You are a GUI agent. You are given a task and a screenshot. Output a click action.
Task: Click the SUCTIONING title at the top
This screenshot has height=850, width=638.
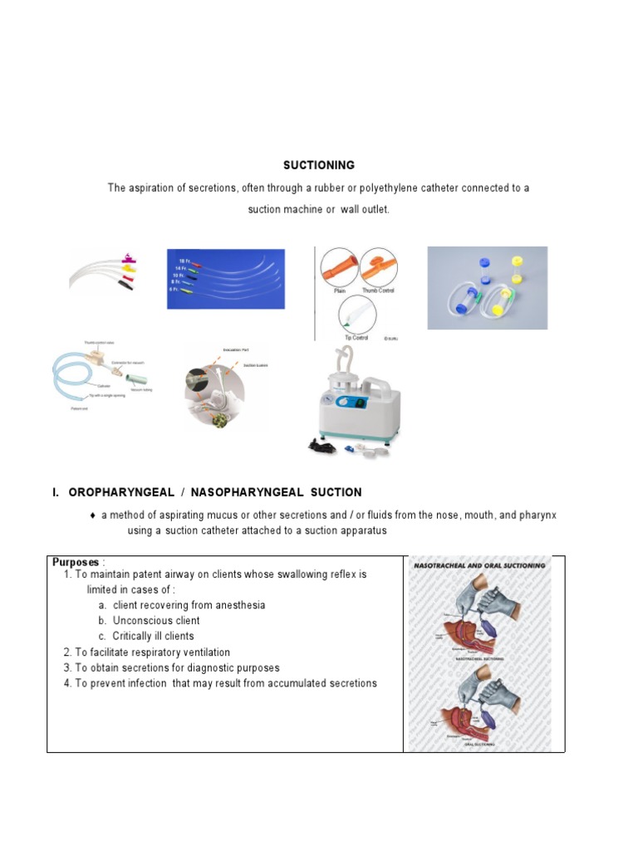tap(319, 165)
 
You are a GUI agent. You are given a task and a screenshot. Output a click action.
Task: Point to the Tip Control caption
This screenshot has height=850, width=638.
tap(356, 338)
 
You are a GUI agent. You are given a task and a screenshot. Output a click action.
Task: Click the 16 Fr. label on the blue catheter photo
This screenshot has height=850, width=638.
tap(184, 261)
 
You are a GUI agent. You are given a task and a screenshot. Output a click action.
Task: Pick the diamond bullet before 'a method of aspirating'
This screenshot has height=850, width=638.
tap(93, 515)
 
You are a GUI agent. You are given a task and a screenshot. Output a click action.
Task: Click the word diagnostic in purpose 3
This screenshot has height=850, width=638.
tap(210, 668)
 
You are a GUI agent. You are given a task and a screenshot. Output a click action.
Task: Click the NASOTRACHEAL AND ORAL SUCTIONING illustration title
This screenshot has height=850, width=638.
tap(479, 565)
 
